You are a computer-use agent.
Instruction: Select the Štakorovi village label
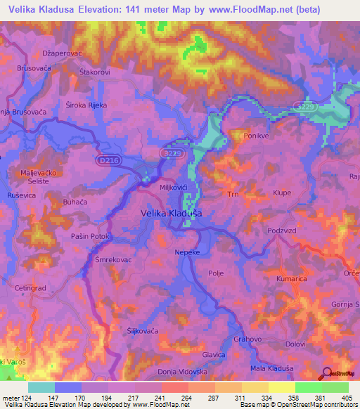click(95, 72)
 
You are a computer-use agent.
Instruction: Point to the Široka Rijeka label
click(86, 106)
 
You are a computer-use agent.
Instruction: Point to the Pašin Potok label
click(89, 237)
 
